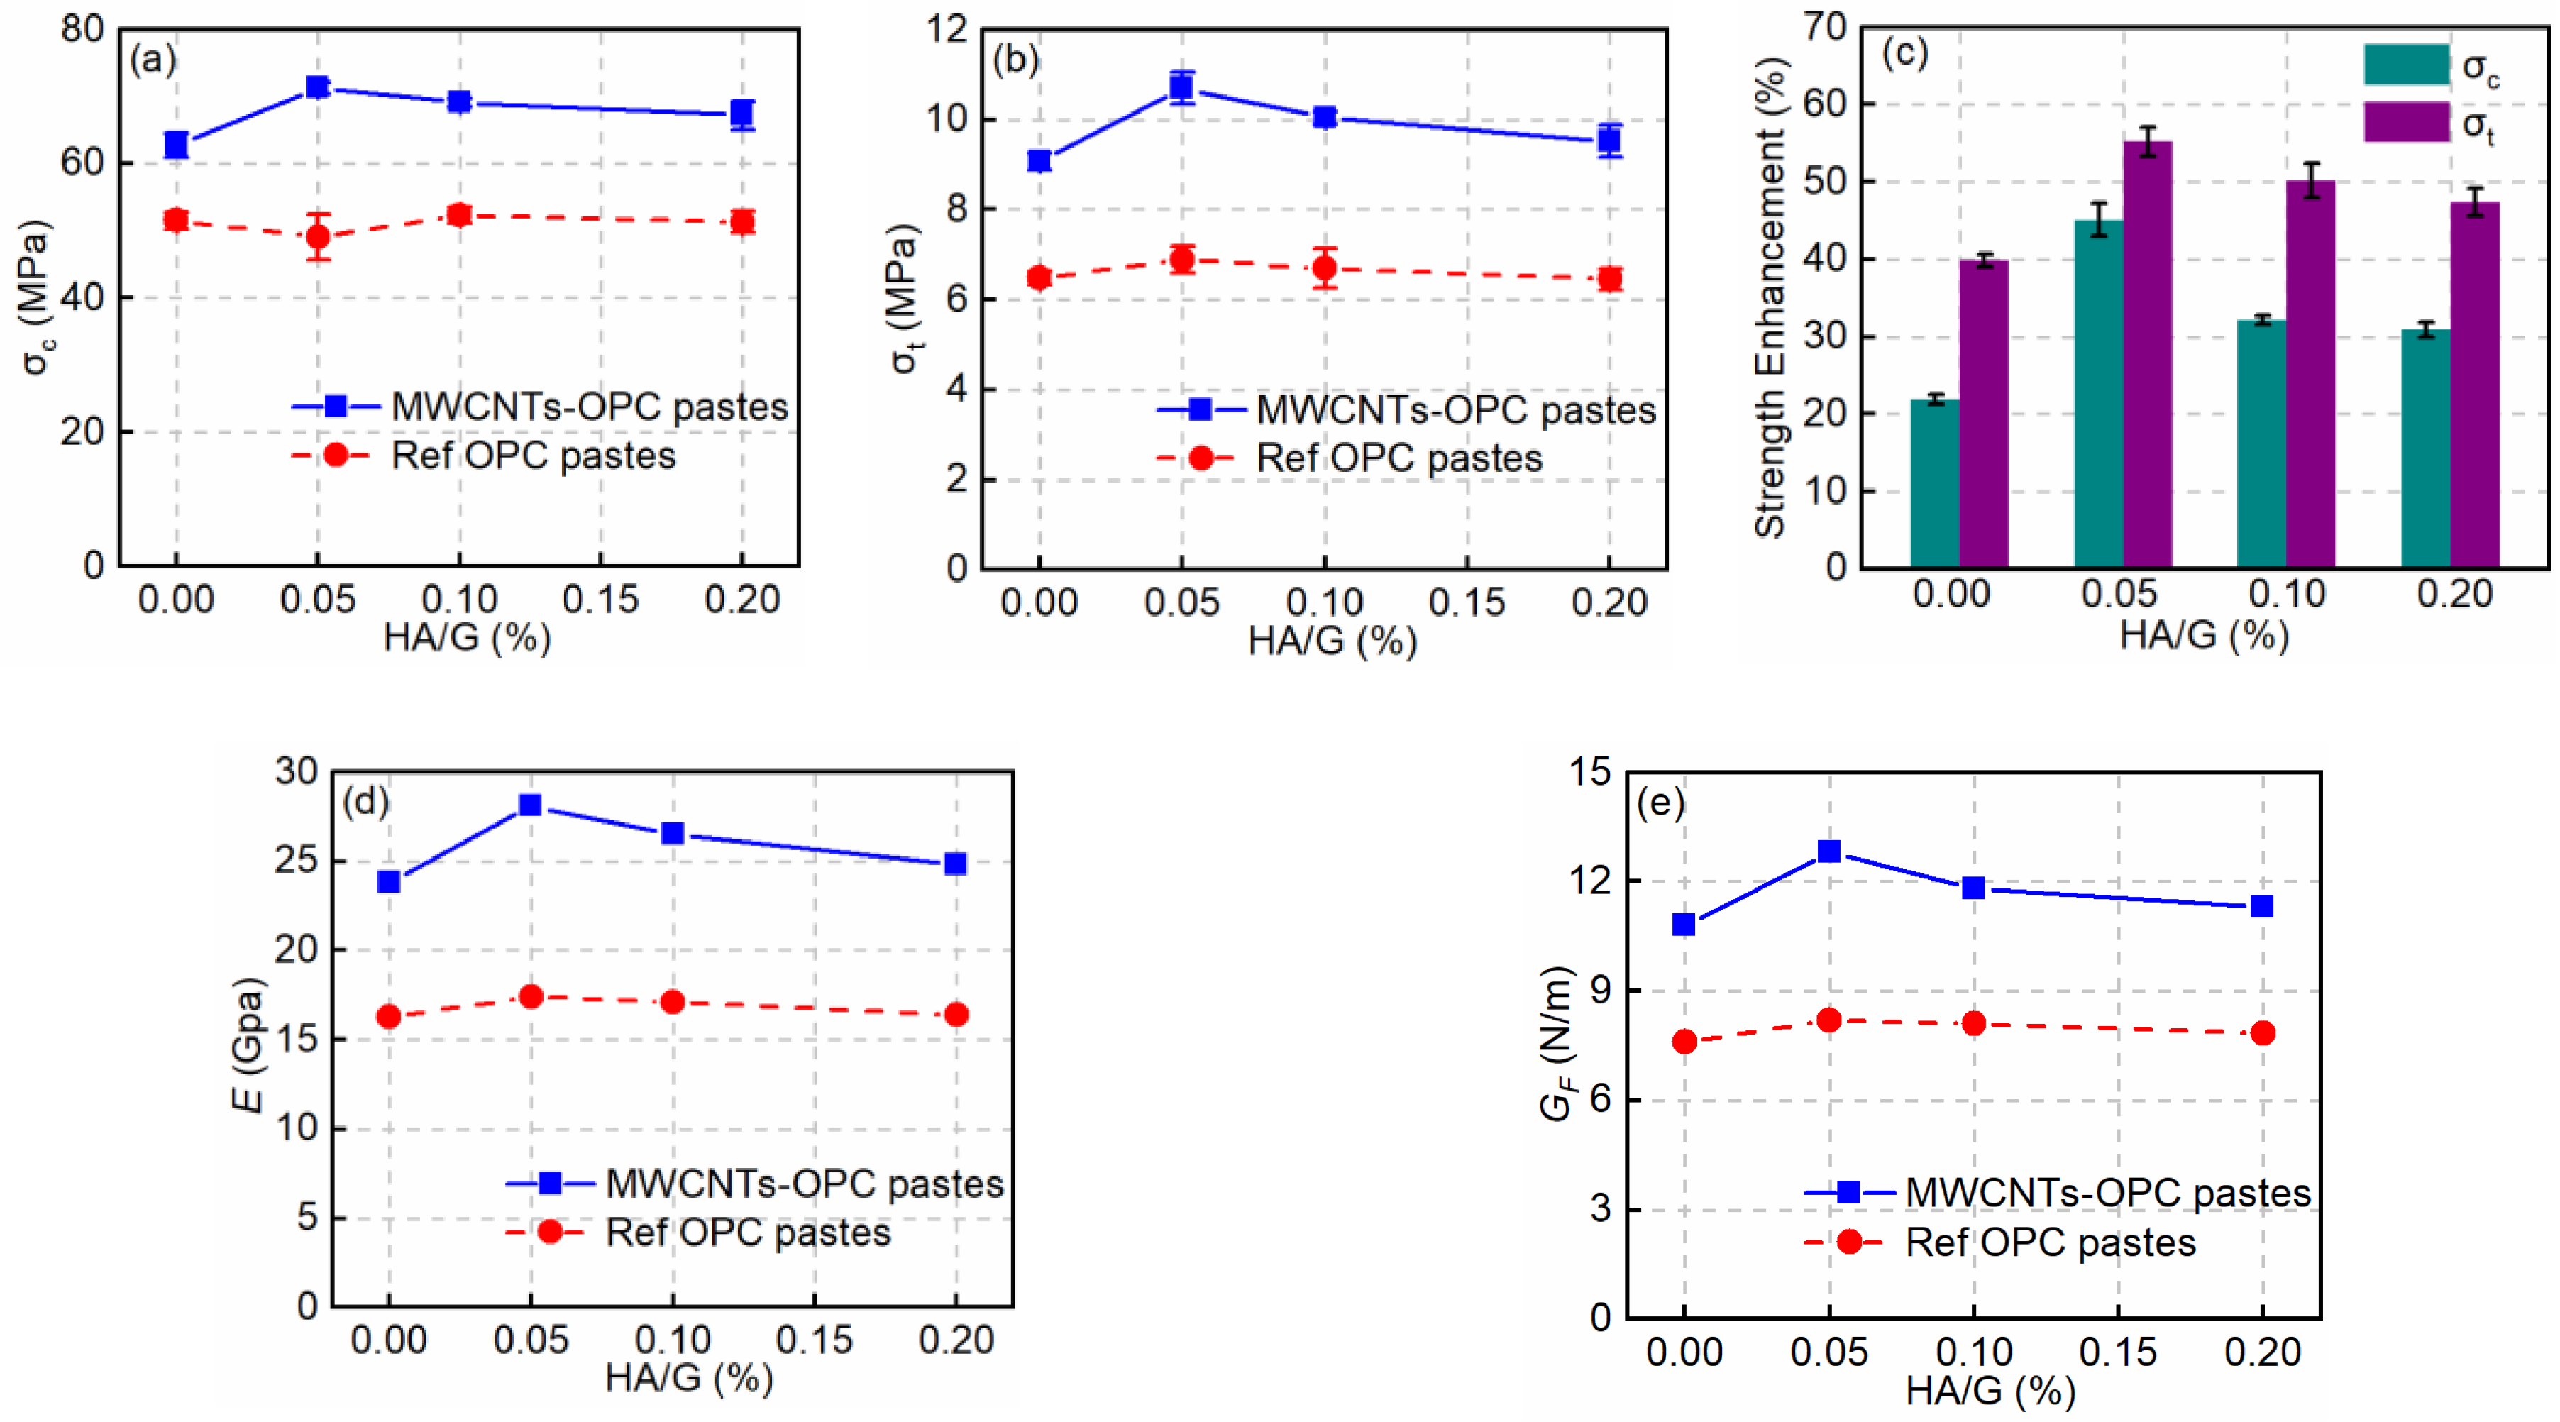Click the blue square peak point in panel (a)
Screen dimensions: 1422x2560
317,87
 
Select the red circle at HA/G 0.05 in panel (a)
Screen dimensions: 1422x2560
317,236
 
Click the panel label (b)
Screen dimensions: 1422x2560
1015,60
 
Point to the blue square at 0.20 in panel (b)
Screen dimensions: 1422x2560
1610,140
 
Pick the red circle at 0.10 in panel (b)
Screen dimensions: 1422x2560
1324,268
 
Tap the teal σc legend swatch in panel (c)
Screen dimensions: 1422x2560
2406,65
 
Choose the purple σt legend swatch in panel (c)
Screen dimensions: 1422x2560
2406,121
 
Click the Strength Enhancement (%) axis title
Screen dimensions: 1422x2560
1770,298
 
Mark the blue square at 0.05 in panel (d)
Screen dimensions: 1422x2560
531,804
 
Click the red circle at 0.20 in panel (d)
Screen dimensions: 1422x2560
956,1015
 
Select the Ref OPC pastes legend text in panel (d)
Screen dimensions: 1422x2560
747,1233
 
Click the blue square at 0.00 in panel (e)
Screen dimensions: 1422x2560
1684,924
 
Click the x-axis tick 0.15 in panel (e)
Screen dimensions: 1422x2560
2118,1352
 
